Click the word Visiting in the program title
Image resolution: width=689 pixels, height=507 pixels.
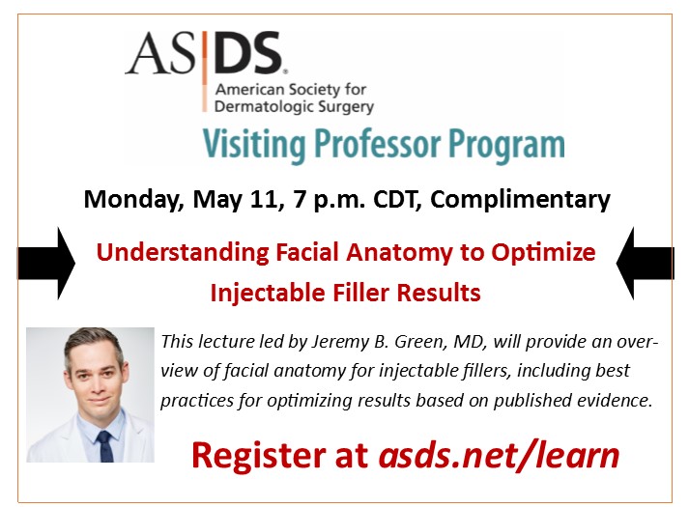tap(246, 144)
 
